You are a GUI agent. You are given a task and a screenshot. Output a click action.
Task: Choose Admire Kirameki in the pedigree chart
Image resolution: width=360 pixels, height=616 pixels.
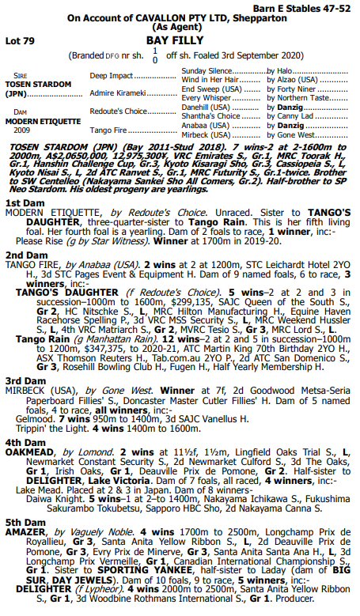click(x=116, y=93)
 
